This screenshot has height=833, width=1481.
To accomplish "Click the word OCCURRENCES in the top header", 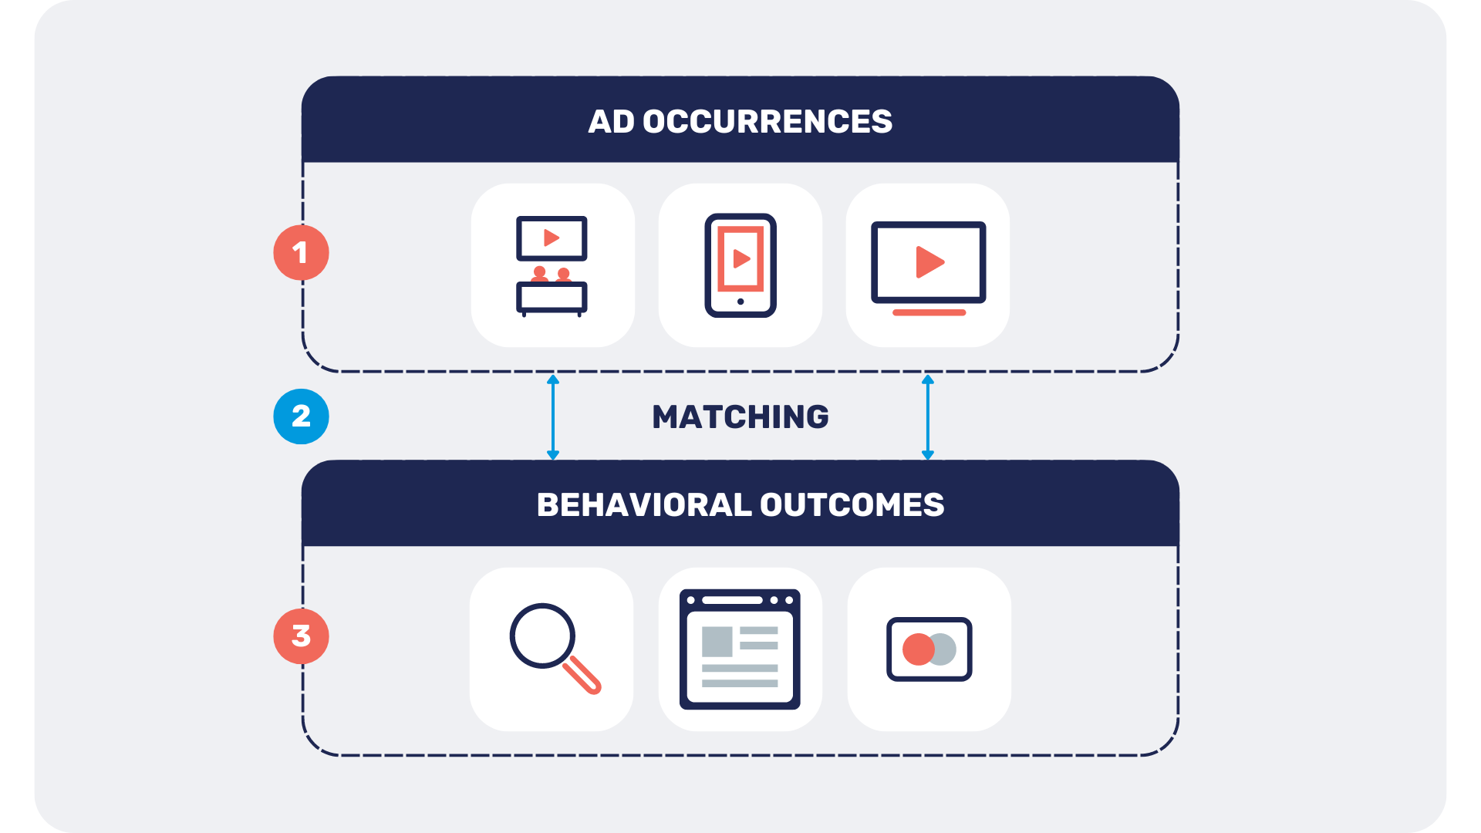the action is pyautogui.click(x=767, y=122).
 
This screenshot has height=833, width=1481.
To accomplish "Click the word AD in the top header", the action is pyautogui.click(x=611, y=122).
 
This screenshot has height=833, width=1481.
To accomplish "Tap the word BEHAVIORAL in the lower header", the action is pyautogui.click(x=644, y=505).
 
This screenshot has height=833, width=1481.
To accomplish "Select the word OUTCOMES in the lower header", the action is pyautogui.click(x=852, y=505).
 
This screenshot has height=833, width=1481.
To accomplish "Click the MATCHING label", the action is pyautogui.click(x=740, y=417).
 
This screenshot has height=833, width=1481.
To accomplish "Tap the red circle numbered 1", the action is pyautogui.click(x=301, y=253).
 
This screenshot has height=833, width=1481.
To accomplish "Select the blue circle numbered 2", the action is pyautogui.click(x=301, y=416).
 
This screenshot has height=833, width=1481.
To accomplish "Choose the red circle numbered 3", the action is pyautogui.click(x=301, y=636).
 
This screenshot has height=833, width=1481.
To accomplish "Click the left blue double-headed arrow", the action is pyautogui.click(x=553, y=417).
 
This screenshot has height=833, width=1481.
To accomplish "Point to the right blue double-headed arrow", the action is pyautogui.click(x=928, y=417).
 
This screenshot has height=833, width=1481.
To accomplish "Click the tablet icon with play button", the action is pyautogui.click(x=740, y=265).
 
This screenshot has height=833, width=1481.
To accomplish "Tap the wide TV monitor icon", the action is pyautogui.click(x=929, y=268).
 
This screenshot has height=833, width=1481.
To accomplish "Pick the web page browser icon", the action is pyautogui.click(x=740, y=649).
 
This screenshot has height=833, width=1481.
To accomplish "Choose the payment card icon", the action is pyautogui.click(x=929, y=649).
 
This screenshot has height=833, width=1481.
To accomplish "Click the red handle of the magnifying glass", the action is pyautogui.click(x=582, y=675).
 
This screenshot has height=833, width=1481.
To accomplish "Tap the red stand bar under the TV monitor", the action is pyautogui.click(x=929, y=312).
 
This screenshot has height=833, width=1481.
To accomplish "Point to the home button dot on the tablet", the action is pyautogui.click(x=740, y=302).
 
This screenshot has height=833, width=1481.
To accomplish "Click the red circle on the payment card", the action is pyautogui.click(x=918, y=649).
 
